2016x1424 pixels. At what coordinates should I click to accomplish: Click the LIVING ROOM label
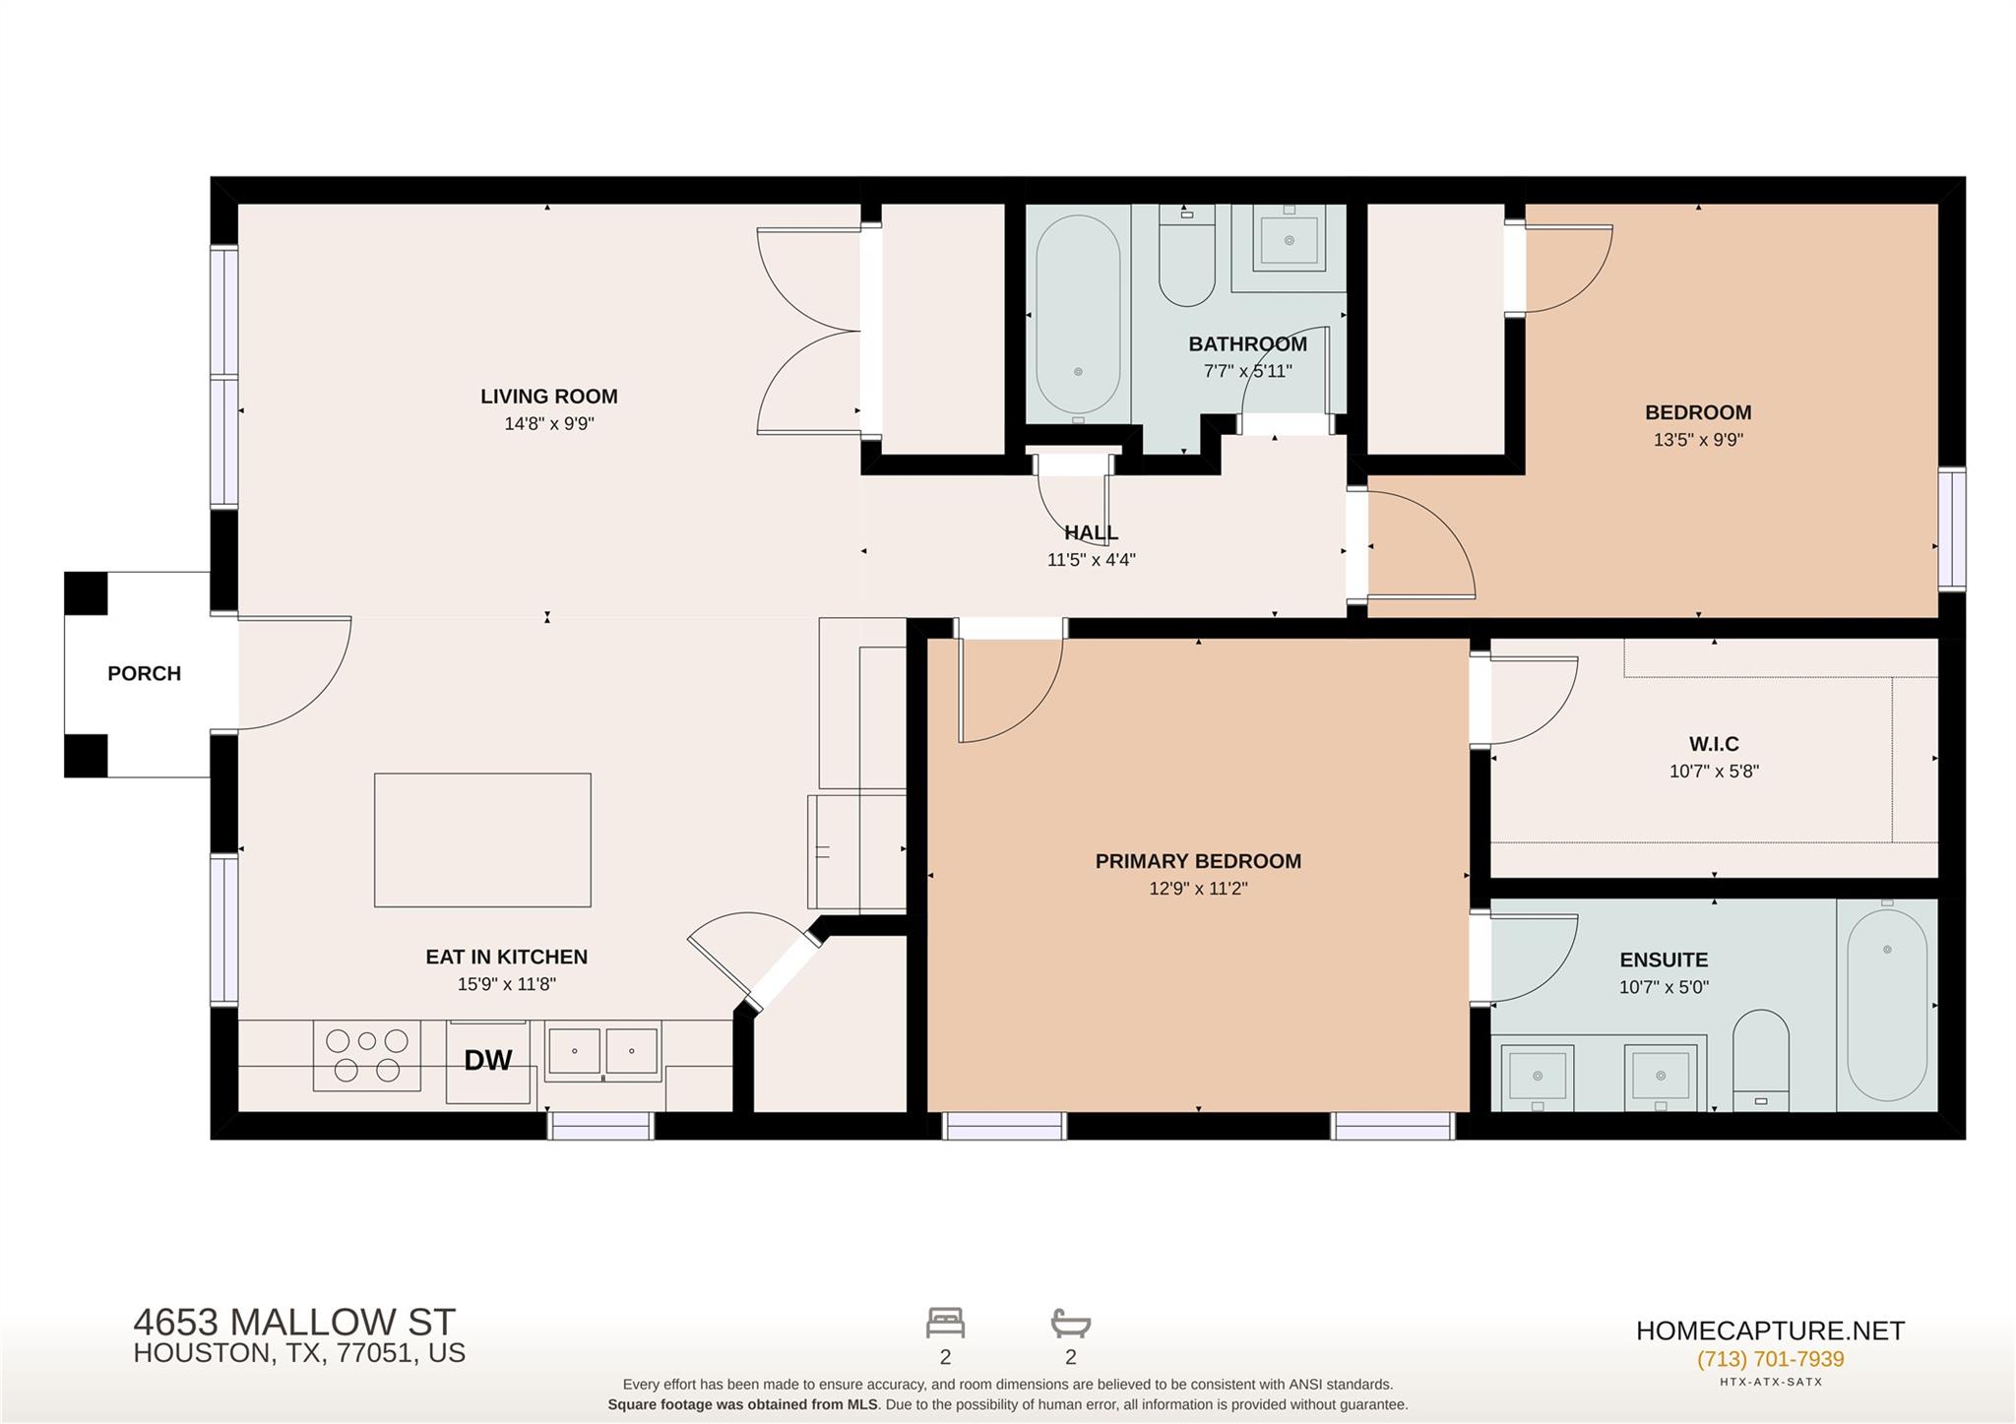[548, 397]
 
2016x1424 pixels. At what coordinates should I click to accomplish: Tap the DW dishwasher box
[488, 1061]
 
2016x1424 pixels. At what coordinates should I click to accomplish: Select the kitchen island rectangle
[482, 839]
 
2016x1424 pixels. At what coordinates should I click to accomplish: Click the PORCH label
[144, 674]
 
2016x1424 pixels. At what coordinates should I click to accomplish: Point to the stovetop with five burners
[367, 1055]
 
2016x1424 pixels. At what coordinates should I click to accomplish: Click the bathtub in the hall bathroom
[1078, 316]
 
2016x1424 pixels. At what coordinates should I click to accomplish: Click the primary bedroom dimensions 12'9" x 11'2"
[1198, 889]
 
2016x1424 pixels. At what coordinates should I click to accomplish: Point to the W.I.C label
[1714, 744]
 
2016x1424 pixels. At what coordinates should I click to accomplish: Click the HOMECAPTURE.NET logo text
[1770, 1331]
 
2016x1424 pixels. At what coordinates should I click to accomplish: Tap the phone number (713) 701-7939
[1770, 1359]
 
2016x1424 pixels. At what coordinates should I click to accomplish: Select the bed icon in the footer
[945, 1323]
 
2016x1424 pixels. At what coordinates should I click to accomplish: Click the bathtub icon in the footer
[1071, 1323]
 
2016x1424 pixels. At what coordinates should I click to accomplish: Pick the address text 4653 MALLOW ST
[294, 1321]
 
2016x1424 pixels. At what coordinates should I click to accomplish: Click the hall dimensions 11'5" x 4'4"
[1091, 560]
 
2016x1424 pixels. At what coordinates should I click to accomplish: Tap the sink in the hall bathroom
[1289, 239]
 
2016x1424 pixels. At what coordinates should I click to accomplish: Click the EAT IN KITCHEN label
[506, 957]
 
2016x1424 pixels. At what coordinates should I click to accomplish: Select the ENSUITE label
[1664, 960]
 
